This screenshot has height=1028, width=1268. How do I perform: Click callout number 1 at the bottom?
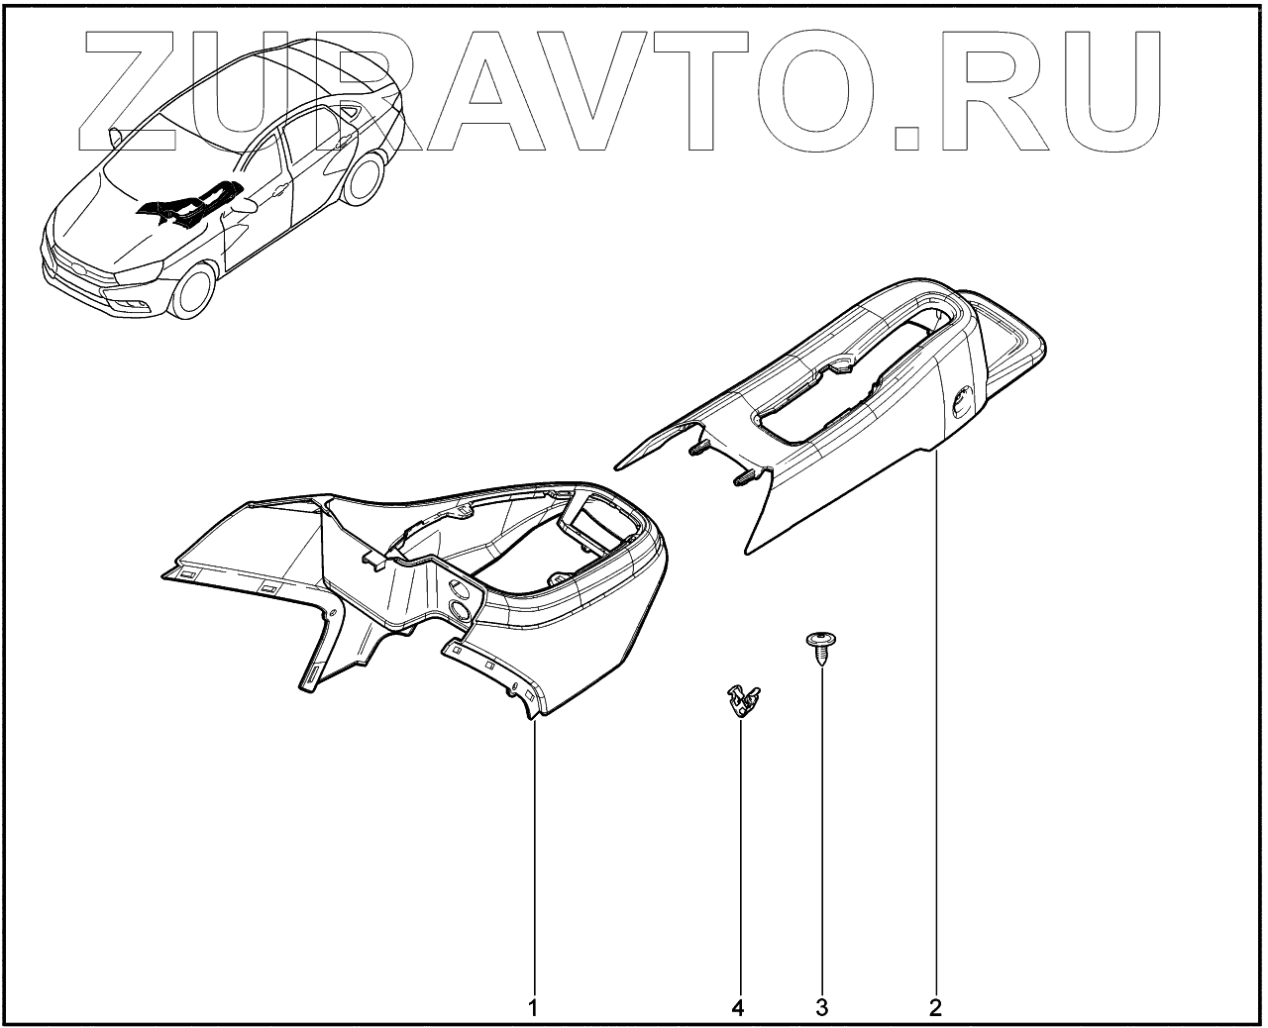[533, 1008]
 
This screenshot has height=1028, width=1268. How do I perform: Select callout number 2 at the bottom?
[934, 1008]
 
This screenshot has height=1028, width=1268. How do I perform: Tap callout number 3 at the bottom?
[821, 1008]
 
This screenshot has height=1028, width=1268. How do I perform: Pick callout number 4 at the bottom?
[737, 1008]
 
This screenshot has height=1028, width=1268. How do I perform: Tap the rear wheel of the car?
[368, 178]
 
